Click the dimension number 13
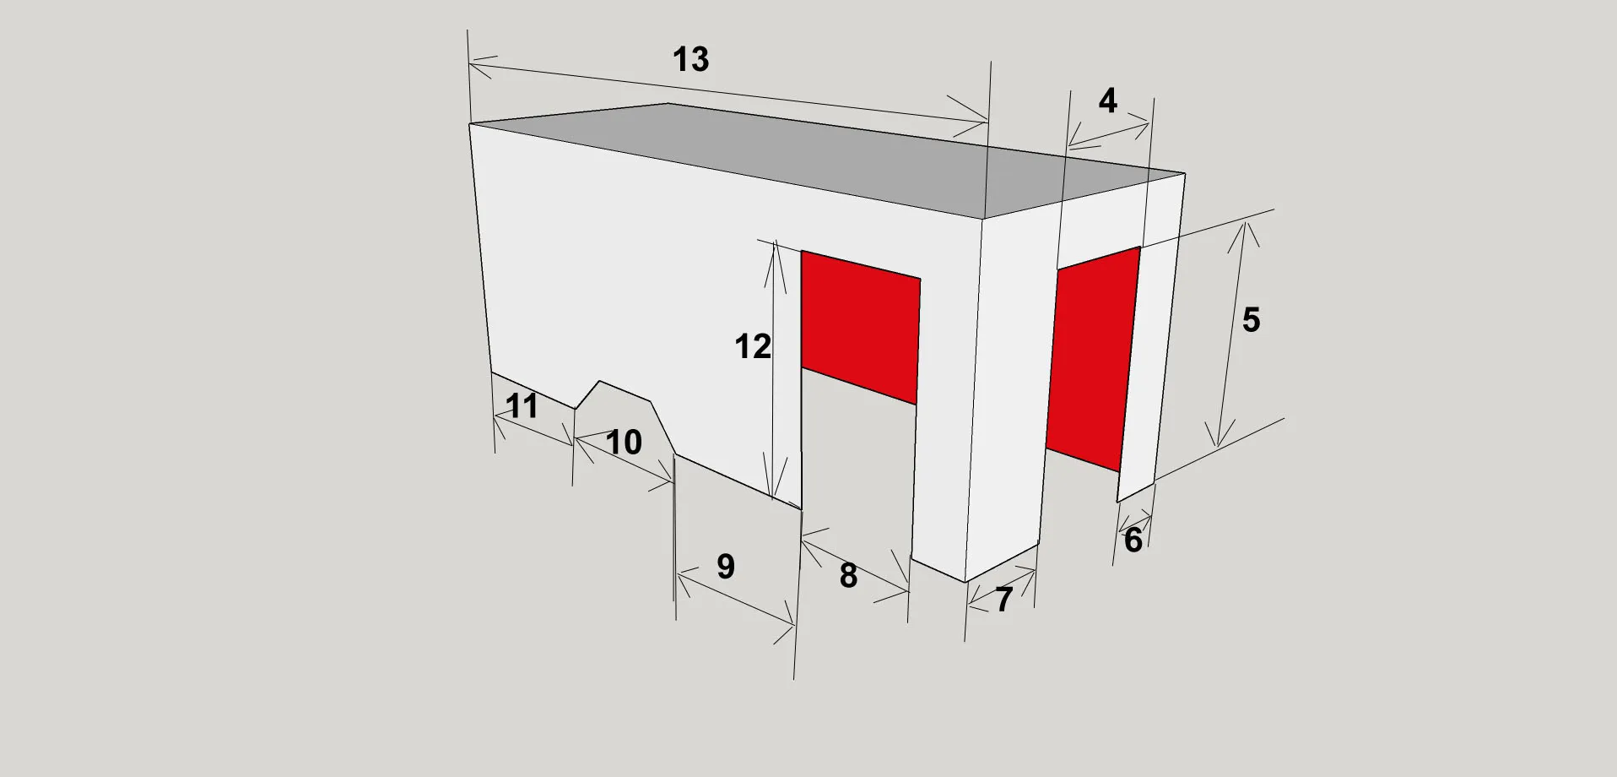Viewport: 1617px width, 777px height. click(x=690, y=59)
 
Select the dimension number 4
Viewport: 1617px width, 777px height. click(x=1108, y=101)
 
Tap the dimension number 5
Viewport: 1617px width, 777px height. click(x=1251, y=320)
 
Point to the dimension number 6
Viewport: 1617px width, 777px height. click(x=1133, y=541)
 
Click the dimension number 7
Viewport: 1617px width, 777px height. click(x=1003, y=600)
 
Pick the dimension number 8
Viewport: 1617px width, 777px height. click(x=848, y=576)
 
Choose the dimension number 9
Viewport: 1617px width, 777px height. click(x=726, y=567)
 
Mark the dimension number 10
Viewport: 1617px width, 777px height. click(x=624, y=443)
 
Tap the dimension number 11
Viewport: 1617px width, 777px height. click(x=522, y=406)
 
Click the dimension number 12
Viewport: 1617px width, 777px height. click(x=753, y=347)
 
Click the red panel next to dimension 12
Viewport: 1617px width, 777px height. click(x=860, y=327)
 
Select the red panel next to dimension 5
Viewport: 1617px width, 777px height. click(x=1093, y=358)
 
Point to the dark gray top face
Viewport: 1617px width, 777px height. click(x=827, y=160)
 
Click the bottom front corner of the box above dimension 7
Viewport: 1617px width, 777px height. click(x=965, y=582)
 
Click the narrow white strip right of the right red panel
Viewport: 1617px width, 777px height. click(x=1152, y=338)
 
